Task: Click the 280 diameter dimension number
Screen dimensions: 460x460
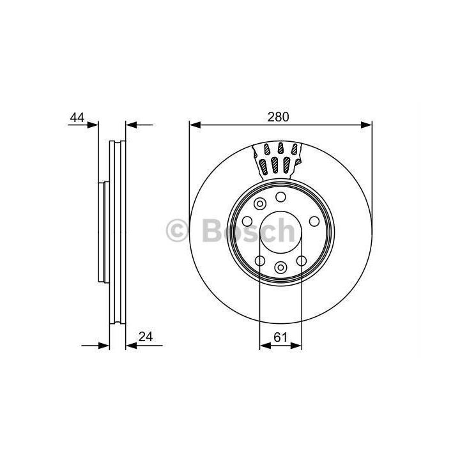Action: (x=278, y=117)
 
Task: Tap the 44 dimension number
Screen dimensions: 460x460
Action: (x=77, y=118)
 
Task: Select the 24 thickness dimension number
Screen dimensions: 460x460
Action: (x=146, y=337)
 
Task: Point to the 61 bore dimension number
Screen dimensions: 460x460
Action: (x=280, y=337)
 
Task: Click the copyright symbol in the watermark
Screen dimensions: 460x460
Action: (x=177, y=231)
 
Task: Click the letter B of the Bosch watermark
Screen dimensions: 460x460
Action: (x=212, y=231)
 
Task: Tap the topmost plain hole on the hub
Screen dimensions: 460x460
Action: (x=280, y=197)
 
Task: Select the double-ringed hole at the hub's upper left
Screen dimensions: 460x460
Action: (x=260, y=204)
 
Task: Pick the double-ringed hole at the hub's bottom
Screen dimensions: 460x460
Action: (x=280, y=267)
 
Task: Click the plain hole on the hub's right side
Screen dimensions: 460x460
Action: (x=314, y=221)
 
